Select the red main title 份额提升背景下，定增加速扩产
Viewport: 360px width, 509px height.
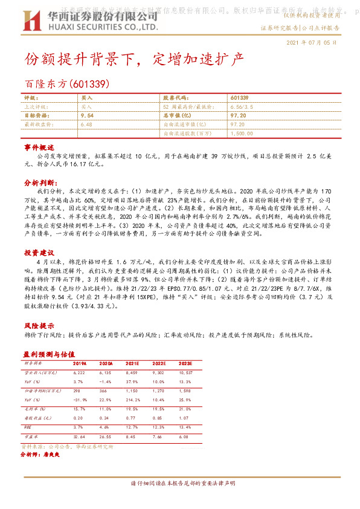click(x=134, y=59)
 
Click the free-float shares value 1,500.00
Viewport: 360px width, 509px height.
click(x=241, y=133)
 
